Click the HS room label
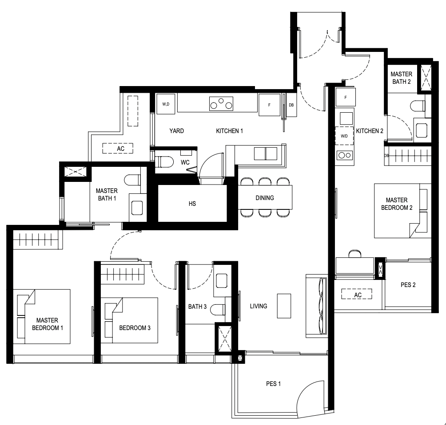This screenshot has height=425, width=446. [x=192, y=204]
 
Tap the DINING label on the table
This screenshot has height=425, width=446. [x=265, y=198]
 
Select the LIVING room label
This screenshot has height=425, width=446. [x=259, y=306]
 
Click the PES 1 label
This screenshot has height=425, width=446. [x=273, y=384]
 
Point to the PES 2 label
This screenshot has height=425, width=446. [x=408, y=285]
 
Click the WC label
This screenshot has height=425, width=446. [x=185, y=162]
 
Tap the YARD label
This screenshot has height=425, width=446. [x=177, y=131]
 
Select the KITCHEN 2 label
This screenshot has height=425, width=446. [x=370, y=131]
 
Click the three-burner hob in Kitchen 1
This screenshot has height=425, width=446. [x=221, y=104]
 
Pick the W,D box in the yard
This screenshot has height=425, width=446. [x=166, y=104]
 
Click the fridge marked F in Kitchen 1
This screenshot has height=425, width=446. [x=269, y=105]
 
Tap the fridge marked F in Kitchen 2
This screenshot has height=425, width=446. [x=346, y=97]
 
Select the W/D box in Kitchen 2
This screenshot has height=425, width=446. [x=344, y=136]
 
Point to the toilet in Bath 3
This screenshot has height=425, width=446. [x=218, y=310]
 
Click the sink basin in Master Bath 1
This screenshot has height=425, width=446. [x=137, y=208]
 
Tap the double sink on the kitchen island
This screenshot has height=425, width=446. [x=266, y=153]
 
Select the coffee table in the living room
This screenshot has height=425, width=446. [x=284, y=306]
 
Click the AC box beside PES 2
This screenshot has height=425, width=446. [x=357, y=294]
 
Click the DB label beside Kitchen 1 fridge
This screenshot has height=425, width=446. [x=291, y=105]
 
